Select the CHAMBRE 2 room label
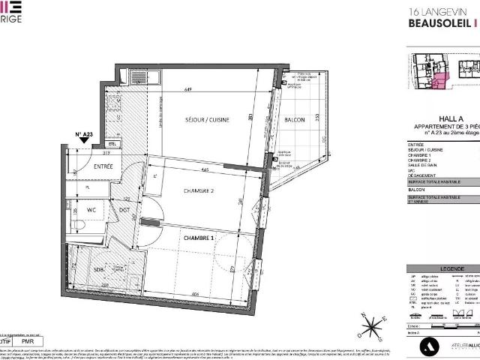pyautogui.click(x=199, y=191)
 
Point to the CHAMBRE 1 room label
pyautogui.click(x=199, y=238)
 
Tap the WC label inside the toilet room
pyautogui.click(x=90, y=210)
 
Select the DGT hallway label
pyautogui.click(x=124, y=210)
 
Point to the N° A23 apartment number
pyautogui.click(x=84, y=134)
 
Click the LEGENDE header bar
pyautogui.click(x=442, y=268)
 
